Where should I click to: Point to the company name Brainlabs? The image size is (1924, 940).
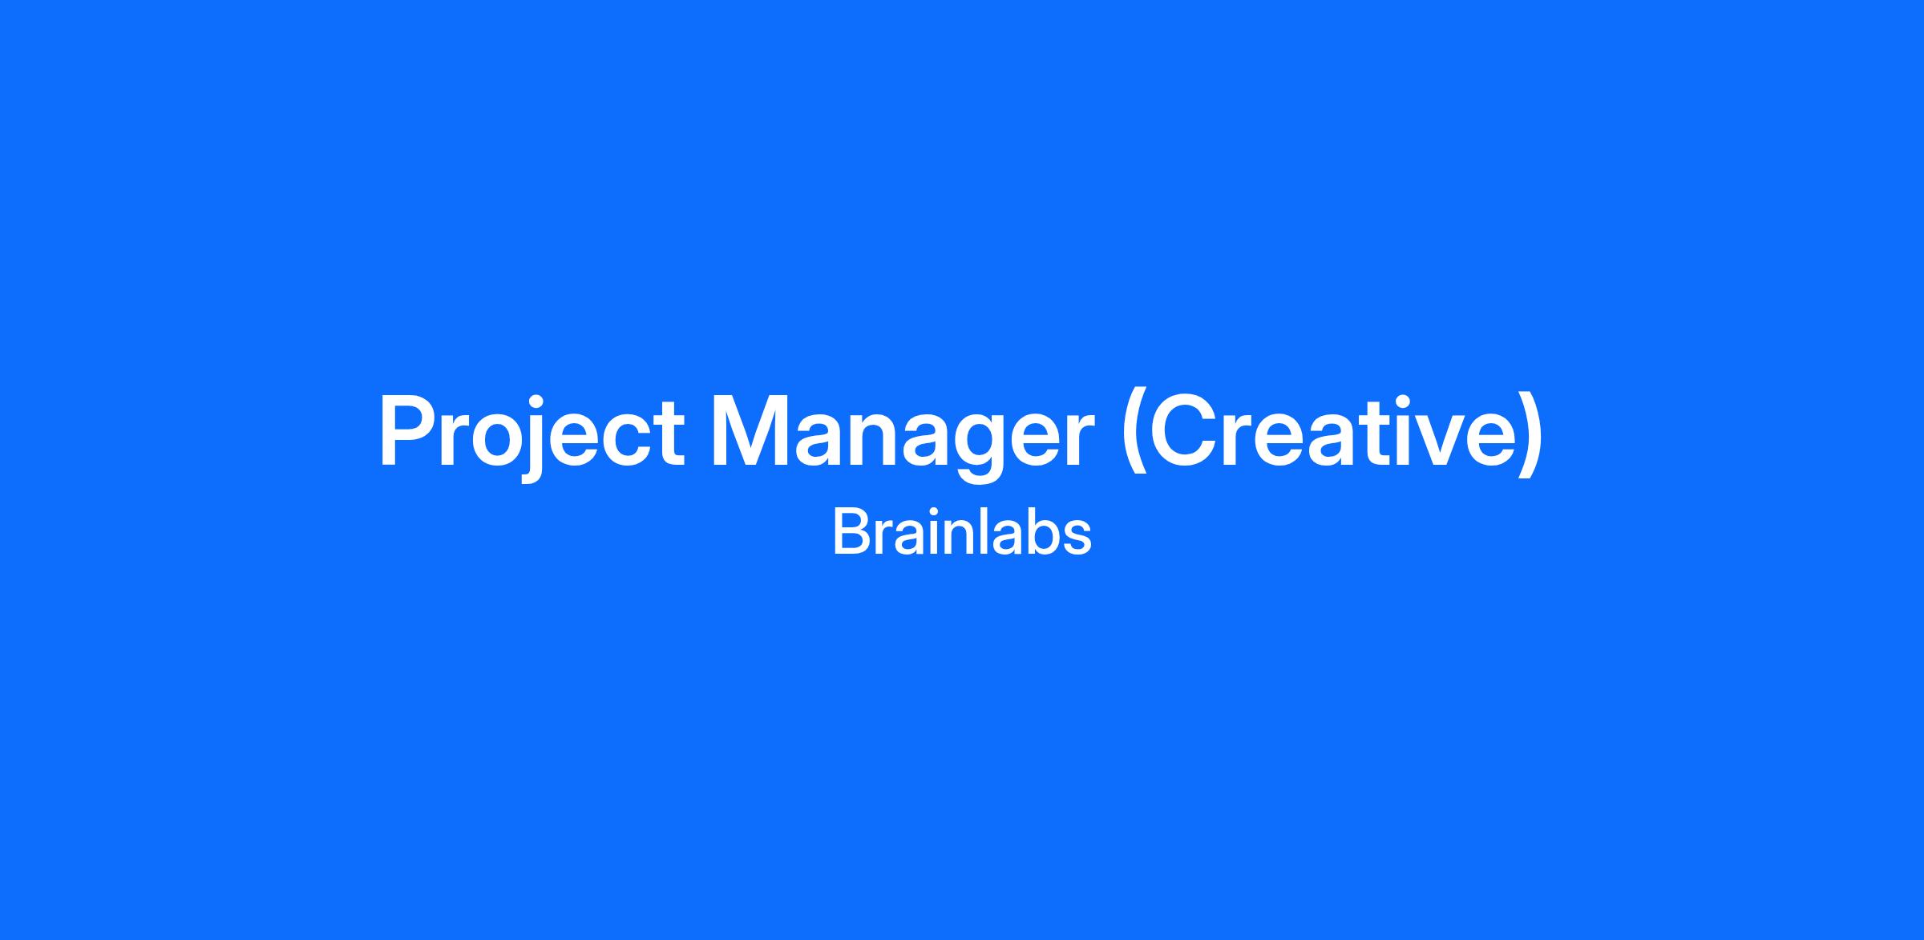(962, 532)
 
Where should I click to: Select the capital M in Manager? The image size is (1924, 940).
(752, 431)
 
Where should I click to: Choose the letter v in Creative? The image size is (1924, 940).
(1421, 441)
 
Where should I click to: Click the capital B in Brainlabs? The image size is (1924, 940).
(851, 532)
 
